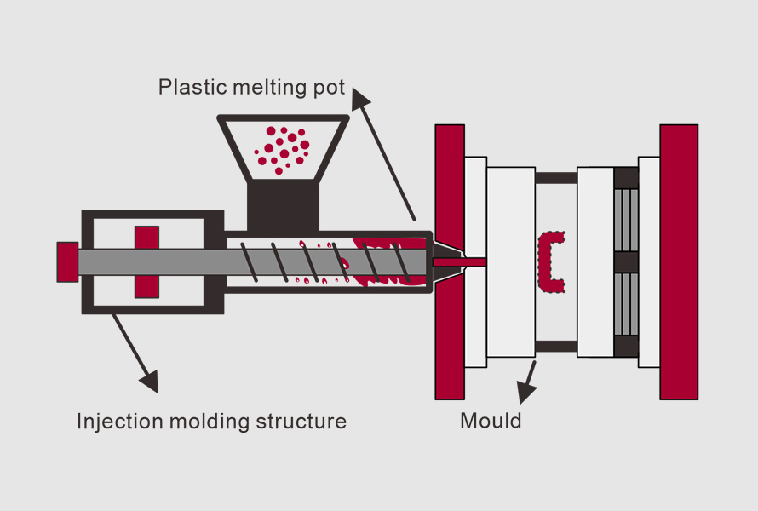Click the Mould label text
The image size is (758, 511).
pos(491,421)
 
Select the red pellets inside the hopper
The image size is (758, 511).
pos(282,149)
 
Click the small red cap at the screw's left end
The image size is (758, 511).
pos(67,261)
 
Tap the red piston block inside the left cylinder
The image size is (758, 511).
pos(146,261)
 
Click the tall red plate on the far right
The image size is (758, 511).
pos(678,261)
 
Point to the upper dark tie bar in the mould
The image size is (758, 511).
pos(555,178)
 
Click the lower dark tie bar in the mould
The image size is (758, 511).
pos(555,347)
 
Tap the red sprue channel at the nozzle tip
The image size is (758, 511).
pos(460,261)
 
